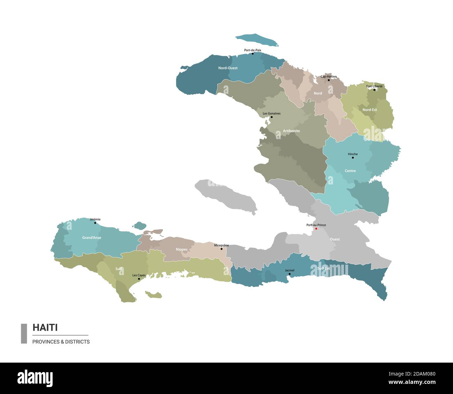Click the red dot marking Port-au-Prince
point(316,229)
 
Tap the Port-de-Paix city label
point(253,50)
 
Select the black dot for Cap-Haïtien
point(329,80)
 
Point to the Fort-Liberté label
point(374,86)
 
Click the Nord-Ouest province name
point(228,68)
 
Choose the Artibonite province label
point(291,131)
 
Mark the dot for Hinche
point(353,158)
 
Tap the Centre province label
point(350,171)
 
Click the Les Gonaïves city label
point(271,113)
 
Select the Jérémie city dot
point(95,222)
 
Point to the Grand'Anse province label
point(92,238)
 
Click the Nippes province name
point(182,249)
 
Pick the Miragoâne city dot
point(221,249)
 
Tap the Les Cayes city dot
point(139,279)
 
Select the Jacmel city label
point(290,270)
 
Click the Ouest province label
point(335,239)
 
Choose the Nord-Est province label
point(370,110)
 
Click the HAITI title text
point(45,327)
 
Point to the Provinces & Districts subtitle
point(61,342)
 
